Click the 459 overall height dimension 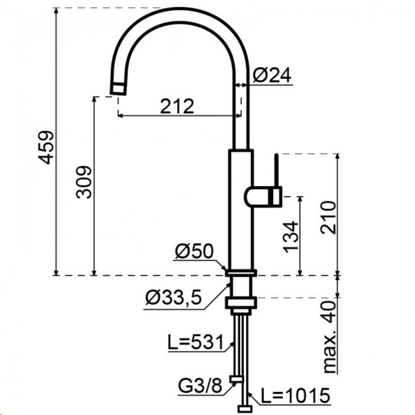click(x=46, y=147)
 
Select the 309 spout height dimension click(x=84, y=183)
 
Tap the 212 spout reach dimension click(x=177, y=106)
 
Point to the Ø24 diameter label click(x=272, y=75)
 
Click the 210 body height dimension click(x=328, y=217)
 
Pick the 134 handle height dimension click(x=290, y=237)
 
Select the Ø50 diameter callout click(x=194, y=251)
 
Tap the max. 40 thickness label click(x=330, y=336)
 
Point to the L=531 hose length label click(x=196, y=342)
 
